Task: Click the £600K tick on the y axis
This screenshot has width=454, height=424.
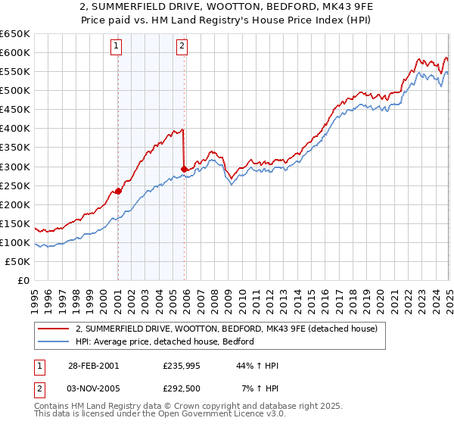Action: (15, 52)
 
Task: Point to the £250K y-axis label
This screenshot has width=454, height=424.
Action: (15, 185)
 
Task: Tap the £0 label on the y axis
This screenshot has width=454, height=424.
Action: (24, 280)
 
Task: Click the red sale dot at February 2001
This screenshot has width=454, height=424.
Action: (118, 191)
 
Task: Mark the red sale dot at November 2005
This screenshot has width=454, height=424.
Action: (184, 169)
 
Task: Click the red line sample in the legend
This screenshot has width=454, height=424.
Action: (54, 329)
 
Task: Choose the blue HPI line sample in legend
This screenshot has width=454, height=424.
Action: (54, 341)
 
